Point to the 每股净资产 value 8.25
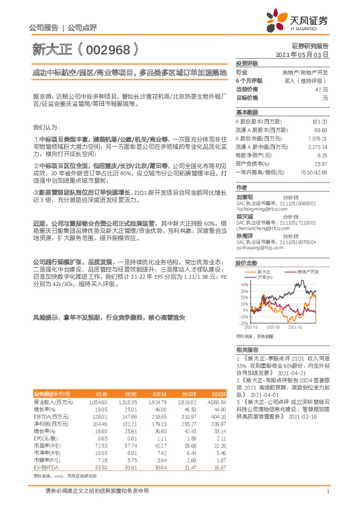323,155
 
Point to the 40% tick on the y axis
243,267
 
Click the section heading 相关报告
246,350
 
